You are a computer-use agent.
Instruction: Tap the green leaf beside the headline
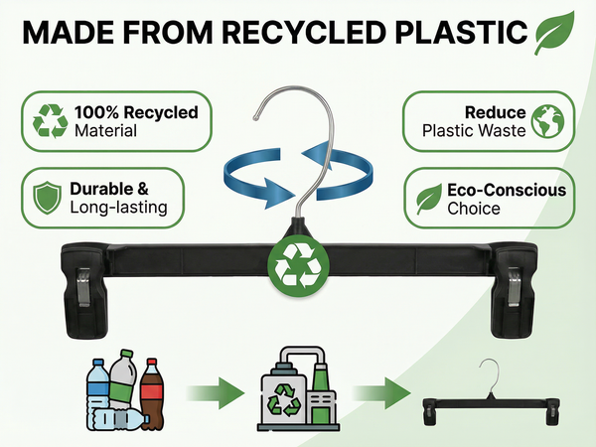(x=554, y=33)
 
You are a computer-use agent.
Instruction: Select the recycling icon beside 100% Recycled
(x=51, y=121)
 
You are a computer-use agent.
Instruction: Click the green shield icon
(x=47, y=198)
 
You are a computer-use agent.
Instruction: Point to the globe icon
(x=547, y=121)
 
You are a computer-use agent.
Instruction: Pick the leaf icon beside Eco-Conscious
(x=429, y=199)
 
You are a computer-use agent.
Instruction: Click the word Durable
(x=101, y=189)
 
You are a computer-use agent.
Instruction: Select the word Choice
(x=474, y=209)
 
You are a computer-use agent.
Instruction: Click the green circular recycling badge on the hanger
(x=298, y=265)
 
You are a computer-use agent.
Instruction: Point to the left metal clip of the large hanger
(x=83, y=287)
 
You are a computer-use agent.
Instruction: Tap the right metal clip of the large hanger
(x=514, y=287)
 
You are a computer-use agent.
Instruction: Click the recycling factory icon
(x=298, y=388)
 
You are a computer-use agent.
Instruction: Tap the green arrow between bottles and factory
(x=216, y=393)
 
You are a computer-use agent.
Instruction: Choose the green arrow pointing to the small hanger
(x=381, y=393)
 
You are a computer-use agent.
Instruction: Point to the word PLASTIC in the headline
(x=462, y=32)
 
